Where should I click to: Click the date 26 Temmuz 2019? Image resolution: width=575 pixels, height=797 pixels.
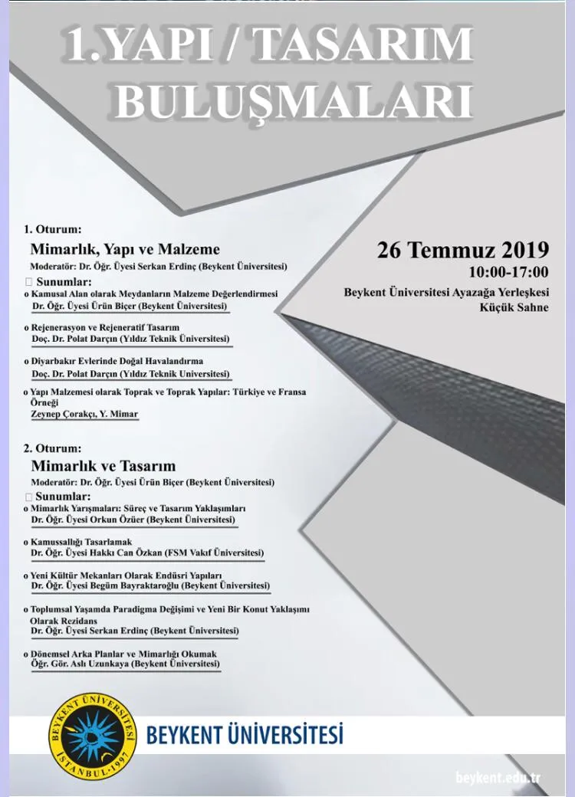click(463, 250)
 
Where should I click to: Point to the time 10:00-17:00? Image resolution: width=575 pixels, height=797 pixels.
click(508, 272)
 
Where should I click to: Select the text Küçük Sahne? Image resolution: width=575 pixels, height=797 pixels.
click(514, 308)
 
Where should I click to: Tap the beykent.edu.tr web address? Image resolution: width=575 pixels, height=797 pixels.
click(498, 779)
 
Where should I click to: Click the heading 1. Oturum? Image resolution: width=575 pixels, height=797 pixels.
click(52, 228)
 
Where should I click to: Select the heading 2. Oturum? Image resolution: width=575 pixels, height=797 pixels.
click(52, 448)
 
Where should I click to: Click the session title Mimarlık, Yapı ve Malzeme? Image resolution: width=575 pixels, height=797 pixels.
click(125, 249)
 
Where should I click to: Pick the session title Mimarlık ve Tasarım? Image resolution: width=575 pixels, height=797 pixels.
click(103, 466)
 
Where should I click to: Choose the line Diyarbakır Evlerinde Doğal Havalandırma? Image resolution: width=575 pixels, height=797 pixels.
click(117, 361)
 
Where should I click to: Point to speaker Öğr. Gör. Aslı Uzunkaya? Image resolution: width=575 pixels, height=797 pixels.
click(125, 664)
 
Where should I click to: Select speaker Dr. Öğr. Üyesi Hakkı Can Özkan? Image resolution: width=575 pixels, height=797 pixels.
click(146, 553)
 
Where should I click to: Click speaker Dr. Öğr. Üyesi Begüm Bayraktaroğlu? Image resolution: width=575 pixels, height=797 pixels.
click(149, 585)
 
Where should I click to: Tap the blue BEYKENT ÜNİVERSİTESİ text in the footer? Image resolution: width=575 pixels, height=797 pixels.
click(245, 735)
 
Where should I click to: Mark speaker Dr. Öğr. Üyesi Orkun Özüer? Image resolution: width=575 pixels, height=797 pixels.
click(133, 520)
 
